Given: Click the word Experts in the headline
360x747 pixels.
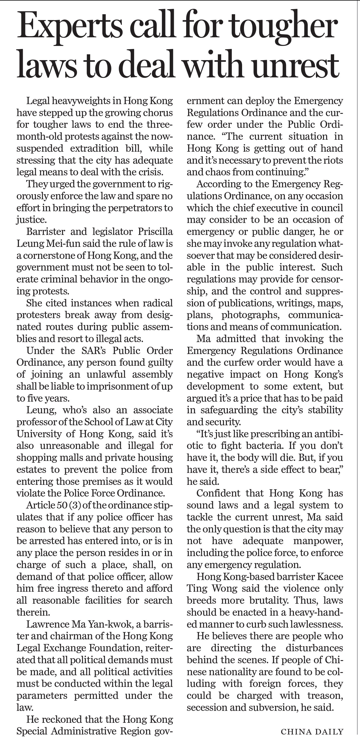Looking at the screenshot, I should tap(70, 28).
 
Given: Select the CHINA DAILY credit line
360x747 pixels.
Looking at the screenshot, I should tap(312, 732).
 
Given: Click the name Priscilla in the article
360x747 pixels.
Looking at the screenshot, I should tap(155, 232).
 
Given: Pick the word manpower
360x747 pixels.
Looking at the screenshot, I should tap(318, 541).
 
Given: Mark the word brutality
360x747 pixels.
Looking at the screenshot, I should tap(269, 600).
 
